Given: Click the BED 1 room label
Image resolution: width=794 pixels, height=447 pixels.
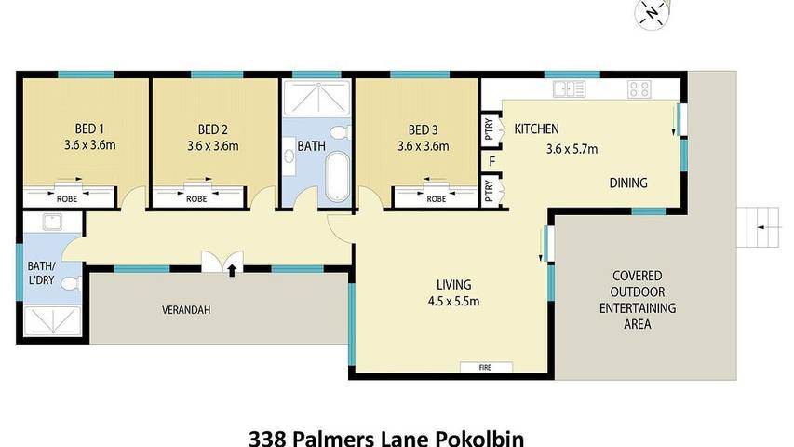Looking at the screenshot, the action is (x=89, y=129).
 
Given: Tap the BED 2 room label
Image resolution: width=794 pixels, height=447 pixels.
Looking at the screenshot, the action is (x=212, y=129).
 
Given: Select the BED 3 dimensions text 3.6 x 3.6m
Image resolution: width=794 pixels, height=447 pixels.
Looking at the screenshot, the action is (x=423, y=146).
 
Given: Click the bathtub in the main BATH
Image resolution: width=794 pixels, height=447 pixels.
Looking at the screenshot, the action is (x=338, y=177).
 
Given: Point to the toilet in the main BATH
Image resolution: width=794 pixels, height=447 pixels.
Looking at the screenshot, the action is (x=341, y=133).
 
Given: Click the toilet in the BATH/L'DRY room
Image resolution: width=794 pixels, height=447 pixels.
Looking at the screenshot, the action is (x=71, y=283).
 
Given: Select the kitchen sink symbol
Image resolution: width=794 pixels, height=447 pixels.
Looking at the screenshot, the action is (x=569, y=89).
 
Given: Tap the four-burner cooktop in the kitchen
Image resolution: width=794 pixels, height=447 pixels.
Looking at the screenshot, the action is (x=639, y=89).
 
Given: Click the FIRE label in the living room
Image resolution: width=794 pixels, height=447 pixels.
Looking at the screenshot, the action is (x=485, y=368).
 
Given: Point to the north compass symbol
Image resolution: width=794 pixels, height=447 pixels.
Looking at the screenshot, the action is (x=653, y=13).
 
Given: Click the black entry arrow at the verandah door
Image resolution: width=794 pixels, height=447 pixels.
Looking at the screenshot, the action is (x=232, y=270).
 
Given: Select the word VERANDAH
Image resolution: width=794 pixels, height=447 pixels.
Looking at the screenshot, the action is (x=186, y=310).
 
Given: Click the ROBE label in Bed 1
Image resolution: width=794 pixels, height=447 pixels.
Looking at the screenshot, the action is (x=67, y=199).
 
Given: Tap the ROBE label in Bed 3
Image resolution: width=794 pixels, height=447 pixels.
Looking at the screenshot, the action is (x=436, y=199).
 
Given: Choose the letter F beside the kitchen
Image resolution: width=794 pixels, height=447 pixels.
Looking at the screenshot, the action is (x=491, y=162).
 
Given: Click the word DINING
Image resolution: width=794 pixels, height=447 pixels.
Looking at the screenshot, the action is (x=628, y=183).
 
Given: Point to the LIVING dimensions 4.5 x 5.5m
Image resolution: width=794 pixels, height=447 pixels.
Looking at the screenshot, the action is (x=453, y=302).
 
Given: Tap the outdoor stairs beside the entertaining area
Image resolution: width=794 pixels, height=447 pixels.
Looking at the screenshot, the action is (x=758, y=227).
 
